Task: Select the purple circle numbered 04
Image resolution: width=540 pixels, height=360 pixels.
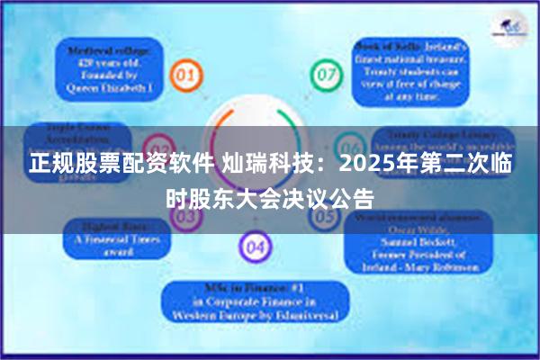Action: click(255, 244)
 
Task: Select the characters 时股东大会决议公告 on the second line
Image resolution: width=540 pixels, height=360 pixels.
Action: click(270, 196)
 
